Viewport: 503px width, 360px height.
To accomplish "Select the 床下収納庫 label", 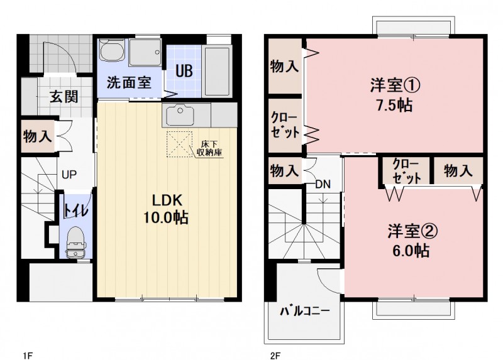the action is click(209, 148).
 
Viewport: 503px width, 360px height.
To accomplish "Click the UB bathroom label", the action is click(184, 71).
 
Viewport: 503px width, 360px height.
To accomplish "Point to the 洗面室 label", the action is click(129, 82).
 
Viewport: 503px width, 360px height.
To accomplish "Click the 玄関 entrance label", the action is click(64, 97).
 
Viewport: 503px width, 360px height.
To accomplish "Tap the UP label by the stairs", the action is click(69, 175).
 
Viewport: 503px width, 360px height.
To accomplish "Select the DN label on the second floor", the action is click(323, 184).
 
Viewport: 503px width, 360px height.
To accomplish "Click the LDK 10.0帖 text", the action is click(166, 209).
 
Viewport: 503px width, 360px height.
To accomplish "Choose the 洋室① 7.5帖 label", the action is click(395, 95).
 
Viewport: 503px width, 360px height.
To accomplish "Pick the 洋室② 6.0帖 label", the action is click(412, 241).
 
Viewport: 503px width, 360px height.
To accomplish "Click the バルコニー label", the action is click(305, 310).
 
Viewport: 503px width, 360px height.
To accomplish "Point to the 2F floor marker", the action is click(275, 355).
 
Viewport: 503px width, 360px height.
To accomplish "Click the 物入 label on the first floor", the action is click(38, 136).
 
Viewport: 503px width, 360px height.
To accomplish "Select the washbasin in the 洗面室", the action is click(112, 50).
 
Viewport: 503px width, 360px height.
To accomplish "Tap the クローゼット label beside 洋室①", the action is click(285, 124).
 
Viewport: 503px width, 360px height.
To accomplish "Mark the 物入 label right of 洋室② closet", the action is click(458, 170).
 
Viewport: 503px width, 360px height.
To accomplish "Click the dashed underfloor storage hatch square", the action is click(179, 144).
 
